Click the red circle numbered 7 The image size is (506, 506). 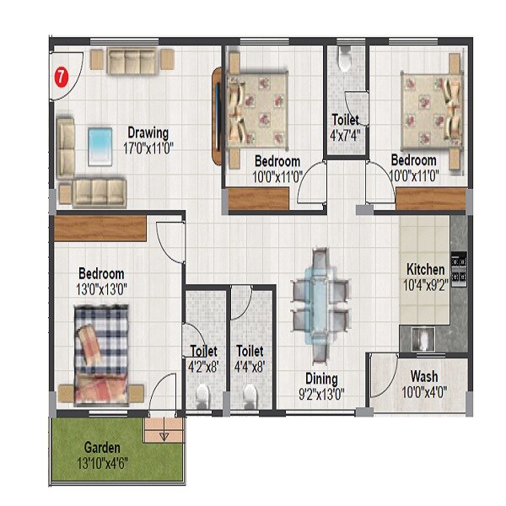click(x=61, y=76)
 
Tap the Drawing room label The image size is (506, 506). click(x=148, y=132)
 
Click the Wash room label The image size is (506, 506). click(x=423, y=376)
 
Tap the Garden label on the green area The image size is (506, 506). click(x=101, y=447)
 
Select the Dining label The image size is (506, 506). click(x=321, y=379)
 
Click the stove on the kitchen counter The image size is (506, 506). click(x=460, y=267)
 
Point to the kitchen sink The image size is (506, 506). click(x=420, y=340)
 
